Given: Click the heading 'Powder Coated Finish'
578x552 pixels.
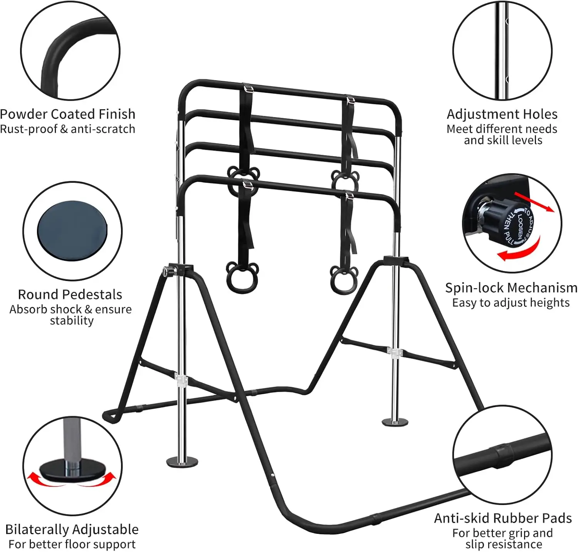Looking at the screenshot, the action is (x=68, y=114).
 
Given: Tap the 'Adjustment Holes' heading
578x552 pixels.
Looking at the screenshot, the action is (x=502, y=114).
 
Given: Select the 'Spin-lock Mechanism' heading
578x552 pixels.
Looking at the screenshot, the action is (x=511, y=288).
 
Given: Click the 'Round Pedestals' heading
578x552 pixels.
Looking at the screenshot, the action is (x=70, y=294).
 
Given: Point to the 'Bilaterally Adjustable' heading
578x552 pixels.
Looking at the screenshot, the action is (x=72, y=529).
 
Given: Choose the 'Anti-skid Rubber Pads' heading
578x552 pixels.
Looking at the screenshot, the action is (x=503, y=518).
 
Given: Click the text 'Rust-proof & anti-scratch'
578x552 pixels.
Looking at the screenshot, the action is (x=68, y=129).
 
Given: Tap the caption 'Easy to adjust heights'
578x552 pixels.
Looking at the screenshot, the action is (x=511, y=303).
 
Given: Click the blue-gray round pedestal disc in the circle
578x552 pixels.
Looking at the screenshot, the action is (x=72, y=231).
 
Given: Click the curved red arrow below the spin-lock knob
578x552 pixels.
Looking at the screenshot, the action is (x=518, y=250).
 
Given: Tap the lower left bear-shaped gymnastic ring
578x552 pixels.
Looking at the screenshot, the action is (x=237, y=278).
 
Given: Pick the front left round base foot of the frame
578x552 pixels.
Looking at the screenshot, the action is (x=182, y=461).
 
